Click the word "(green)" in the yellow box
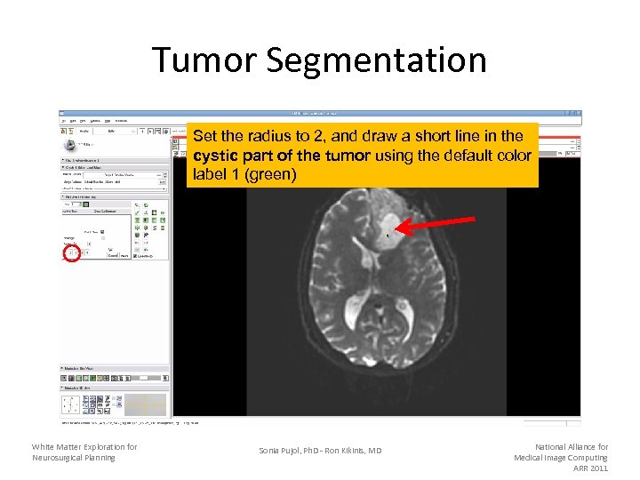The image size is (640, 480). [x=271, y=174]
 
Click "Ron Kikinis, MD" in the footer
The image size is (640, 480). [x=355, y=451]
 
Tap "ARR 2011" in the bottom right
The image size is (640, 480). [x=590, y=468]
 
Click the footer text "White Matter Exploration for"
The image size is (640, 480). [x=84, y=447]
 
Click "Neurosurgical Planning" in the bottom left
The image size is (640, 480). [x=74, y=458]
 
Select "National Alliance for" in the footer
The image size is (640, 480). [x=572, y=447]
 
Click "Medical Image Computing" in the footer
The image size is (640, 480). [x=561, y=458]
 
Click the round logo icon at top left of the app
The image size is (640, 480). [x=68, y=144]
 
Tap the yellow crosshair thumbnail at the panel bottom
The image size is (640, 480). [x=144, y=404]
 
